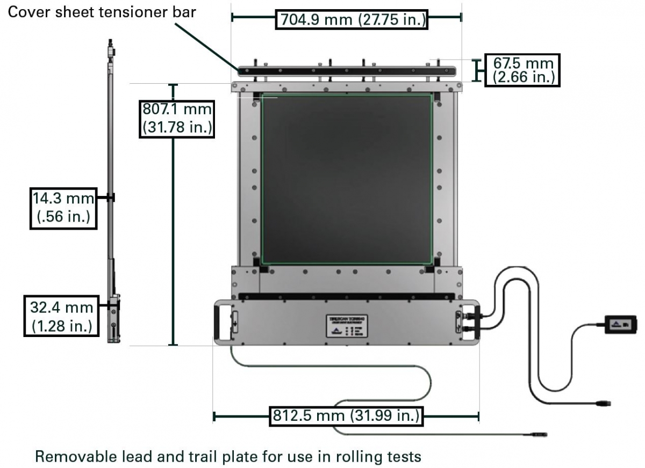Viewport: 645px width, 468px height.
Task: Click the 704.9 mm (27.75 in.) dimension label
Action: (353, 20)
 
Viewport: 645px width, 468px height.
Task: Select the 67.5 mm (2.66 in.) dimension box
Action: (522, 70)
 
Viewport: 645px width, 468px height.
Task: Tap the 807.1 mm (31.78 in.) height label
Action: (177, 118)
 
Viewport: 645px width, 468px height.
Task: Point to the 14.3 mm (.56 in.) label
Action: (61, 208)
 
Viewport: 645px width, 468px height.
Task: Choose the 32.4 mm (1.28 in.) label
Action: (61, 316)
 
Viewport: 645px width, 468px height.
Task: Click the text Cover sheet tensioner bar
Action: (102, 12)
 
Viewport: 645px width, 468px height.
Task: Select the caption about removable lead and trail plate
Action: (228, 457)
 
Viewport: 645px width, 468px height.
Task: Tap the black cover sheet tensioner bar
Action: (347, 70)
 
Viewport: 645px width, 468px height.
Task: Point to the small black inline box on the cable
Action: (621, 324)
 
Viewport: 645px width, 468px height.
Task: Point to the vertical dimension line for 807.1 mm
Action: (173, 242)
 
